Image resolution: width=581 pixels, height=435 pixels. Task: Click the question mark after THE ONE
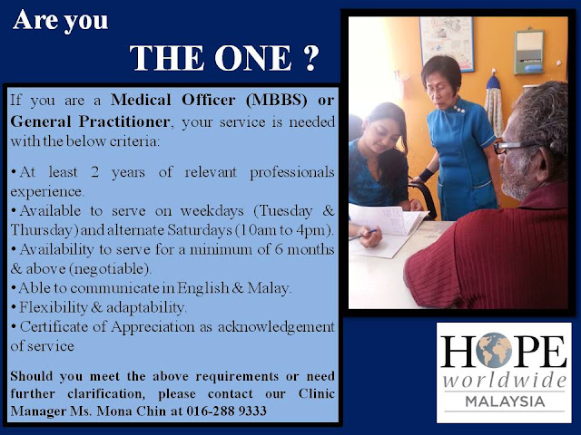tap(309, 58)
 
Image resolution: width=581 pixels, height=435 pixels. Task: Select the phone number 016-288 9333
tap(226, 411)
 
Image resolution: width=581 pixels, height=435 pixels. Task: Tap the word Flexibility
tap(53, 307)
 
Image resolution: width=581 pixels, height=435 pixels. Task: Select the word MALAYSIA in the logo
tap(505, 401)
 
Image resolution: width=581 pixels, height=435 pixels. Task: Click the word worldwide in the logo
tap(505, 380)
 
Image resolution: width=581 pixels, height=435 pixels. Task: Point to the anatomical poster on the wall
tap(447, 43)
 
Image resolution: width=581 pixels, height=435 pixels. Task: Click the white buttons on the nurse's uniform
tap(459, 109)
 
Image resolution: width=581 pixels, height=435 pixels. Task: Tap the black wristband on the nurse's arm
tap(428, 174)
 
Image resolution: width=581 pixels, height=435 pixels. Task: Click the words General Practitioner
tap(90, 121)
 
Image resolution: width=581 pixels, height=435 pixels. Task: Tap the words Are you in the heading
tap(61, 21)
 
